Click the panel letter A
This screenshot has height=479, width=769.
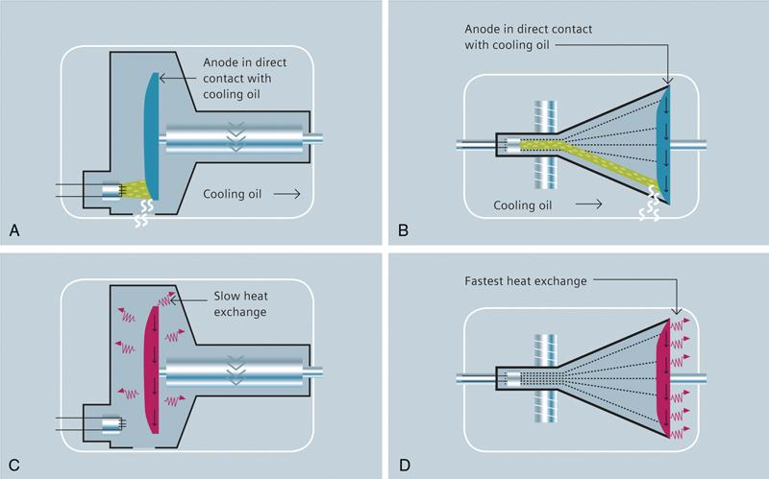click(x=13, y=229)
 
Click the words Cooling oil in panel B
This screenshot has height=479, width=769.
click(x=525, y=204)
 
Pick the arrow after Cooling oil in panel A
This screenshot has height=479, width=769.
click(x=288, y=194)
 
